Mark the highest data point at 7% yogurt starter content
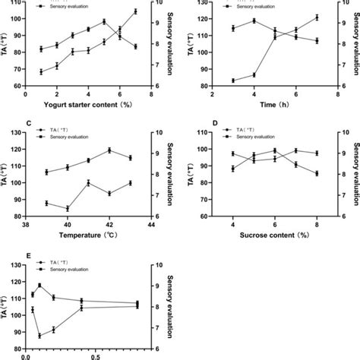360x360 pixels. click(135, 11)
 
